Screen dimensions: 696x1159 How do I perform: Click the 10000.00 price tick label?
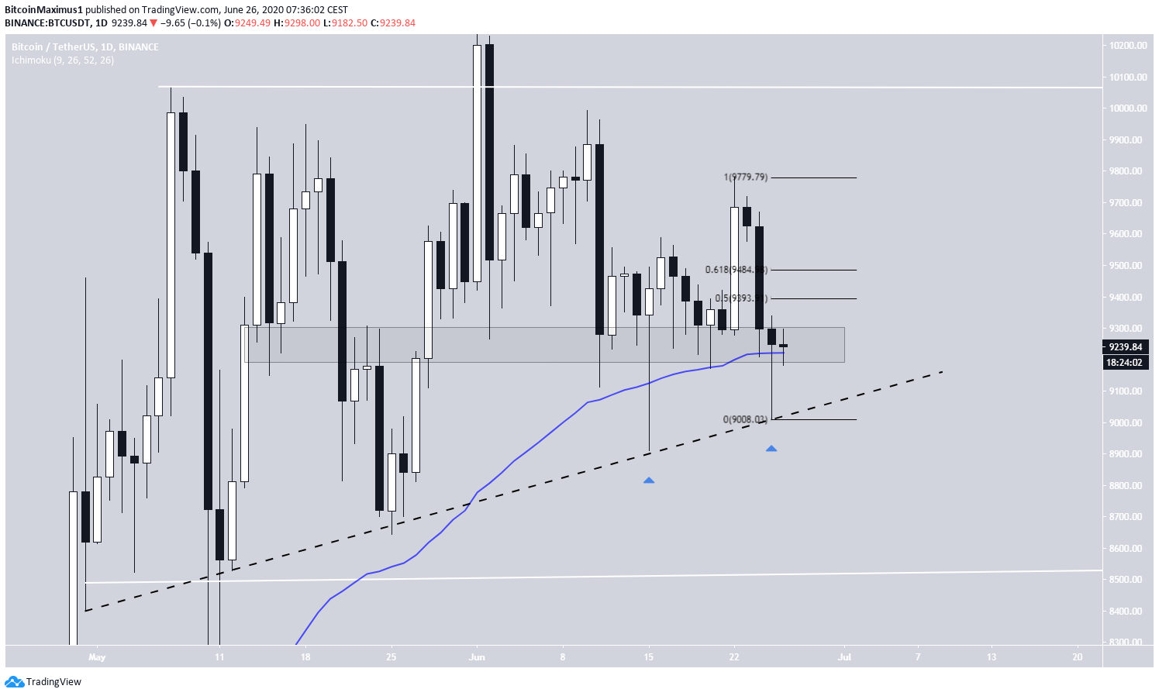click(x=1128, y=109)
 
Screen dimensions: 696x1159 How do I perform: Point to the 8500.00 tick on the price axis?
click(x=1128, y=580)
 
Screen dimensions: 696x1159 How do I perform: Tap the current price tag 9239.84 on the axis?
click(x=1125, y=347)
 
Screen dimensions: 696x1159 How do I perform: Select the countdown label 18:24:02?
click(x=1125, y=362)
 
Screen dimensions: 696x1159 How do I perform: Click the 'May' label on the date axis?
click(x=97, y=657)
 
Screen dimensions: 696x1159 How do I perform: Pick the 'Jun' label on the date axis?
click(x=477, y=657)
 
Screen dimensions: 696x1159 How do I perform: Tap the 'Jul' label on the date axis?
click(x=844, y=657)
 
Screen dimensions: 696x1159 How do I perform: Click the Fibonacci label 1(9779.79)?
click(x=745, y=177)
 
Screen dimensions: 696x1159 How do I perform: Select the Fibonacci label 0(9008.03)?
click(x=745, y=419)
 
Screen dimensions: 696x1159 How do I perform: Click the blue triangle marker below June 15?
click(x=649, y=481)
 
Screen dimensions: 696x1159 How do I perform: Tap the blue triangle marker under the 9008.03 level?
click(x=771, y=449)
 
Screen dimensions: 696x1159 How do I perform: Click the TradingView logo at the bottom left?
click(x=43, y=682)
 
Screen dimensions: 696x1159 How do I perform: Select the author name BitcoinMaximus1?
click(x=43, y=10)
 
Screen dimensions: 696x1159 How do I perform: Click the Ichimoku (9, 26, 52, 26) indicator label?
click(x=63, y=60)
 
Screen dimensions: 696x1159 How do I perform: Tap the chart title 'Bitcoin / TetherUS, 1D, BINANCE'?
click(x=85, y=47)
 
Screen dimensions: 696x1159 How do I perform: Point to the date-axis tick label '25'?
click(x=392, y=657)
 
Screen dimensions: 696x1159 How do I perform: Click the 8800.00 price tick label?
click(x=1128, y=486)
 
